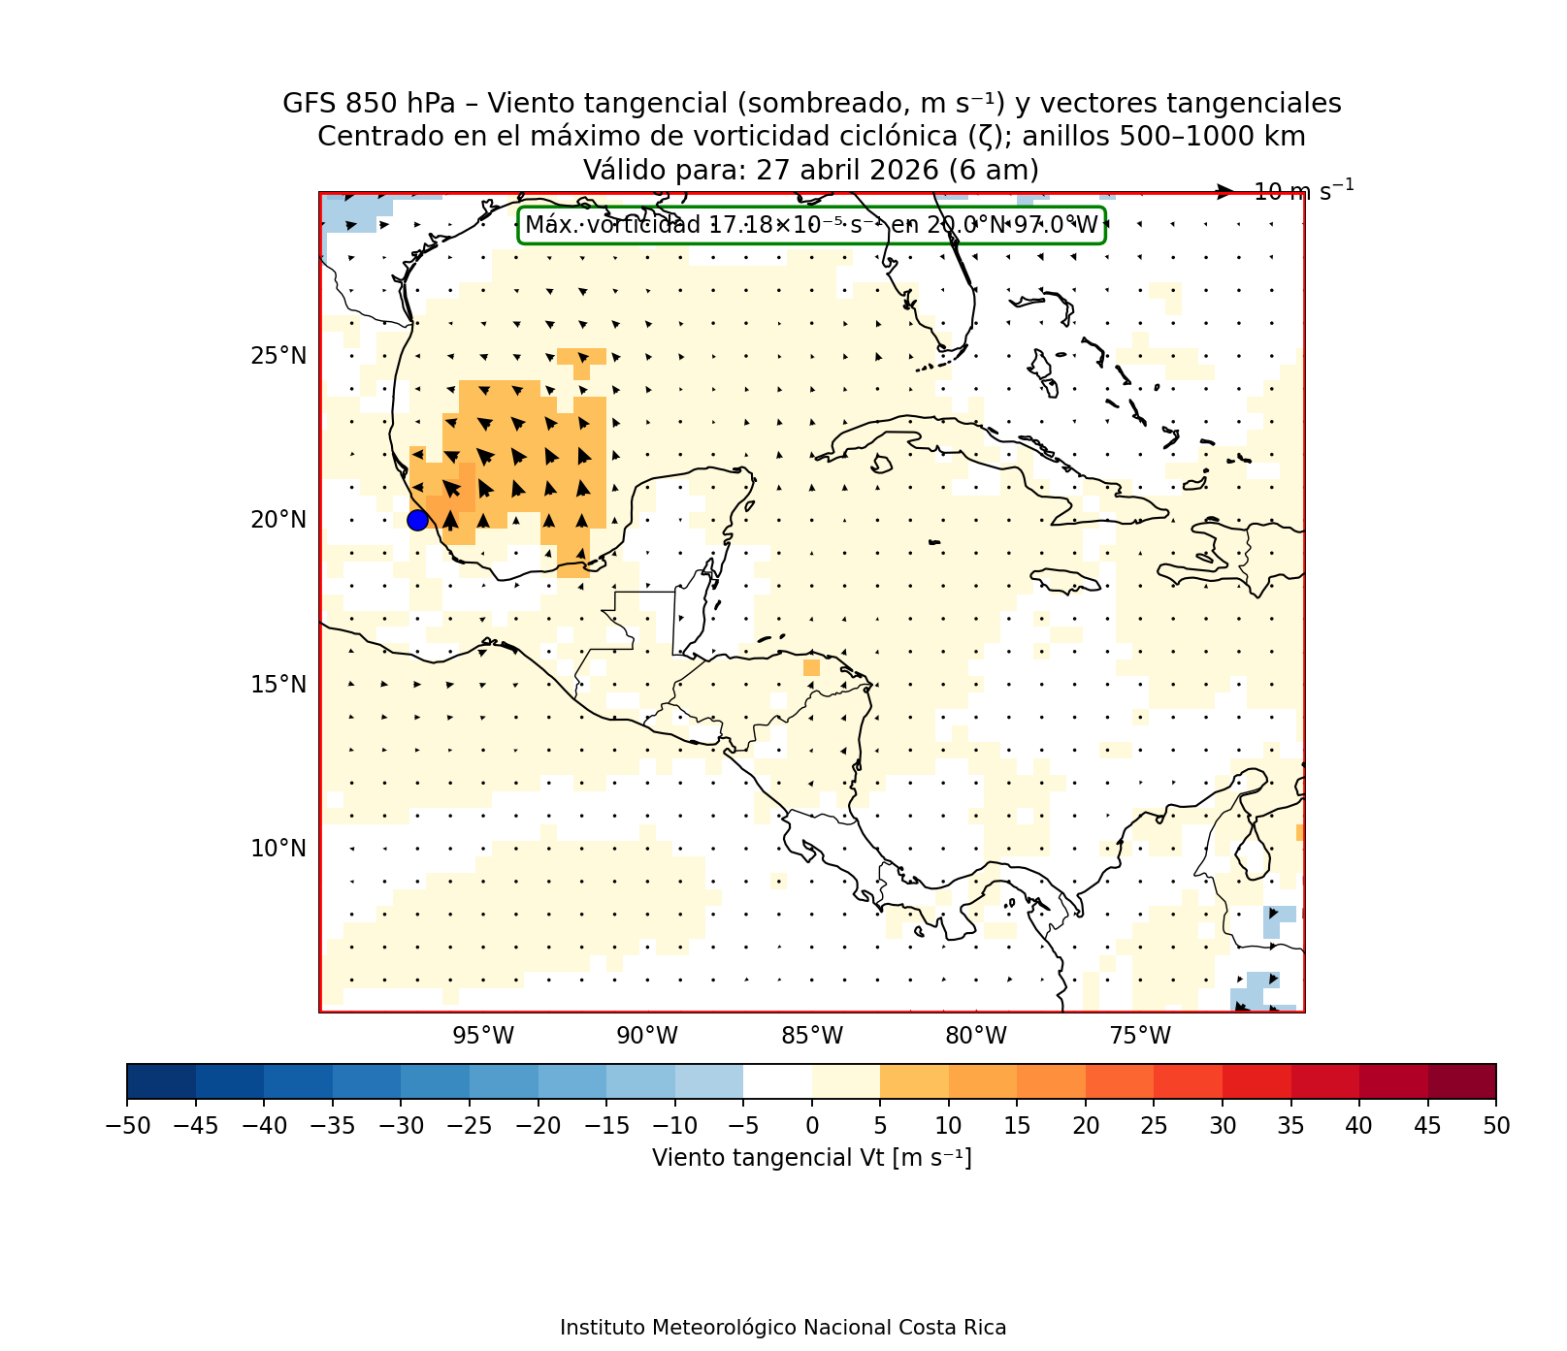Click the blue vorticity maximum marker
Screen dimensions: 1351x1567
point(417,521)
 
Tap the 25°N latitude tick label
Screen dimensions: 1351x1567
point(278,356)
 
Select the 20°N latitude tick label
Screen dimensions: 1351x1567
point(278,521)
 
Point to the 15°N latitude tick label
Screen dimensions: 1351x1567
point(278,685)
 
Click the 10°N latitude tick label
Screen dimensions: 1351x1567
point(278,849)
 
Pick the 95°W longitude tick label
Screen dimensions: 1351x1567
point(483,1037)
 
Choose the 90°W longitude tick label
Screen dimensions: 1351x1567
point(647,1037)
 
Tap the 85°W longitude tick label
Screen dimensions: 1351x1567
point(812,1037)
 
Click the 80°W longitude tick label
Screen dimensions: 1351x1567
point(976,1037)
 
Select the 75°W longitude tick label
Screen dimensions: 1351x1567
point(1140,1037)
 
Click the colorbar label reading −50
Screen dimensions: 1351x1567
point(126,1126)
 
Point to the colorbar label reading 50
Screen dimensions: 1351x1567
point(1496,1126)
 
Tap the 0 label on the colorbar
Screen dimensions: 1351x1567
point(812,1126)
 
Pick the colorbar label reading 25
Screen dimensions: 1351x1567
point(1154,1126)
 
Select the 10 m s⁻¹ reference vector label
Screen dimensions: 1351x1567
point(1303,191)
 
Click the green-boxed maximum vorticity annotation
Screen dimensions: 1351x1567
point(811,226)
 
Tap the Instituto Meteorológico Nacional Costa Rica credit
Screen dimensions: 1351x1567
point(783,1328)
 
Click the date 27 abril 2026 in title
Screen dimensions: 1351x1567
point(846,171)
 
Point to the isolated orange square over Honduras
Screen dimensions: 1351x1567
point(811,667)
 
